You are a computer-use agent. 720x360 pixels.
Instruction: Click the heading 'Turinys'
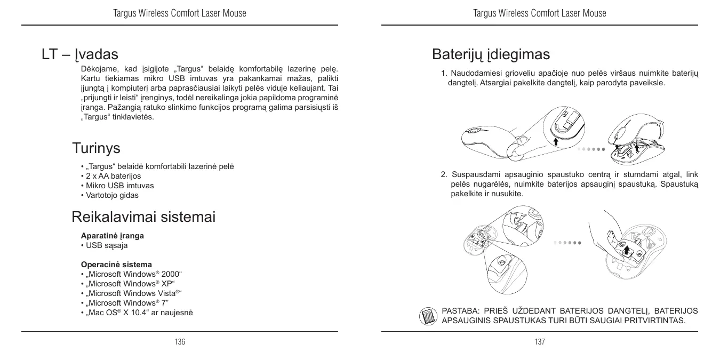pos(96,148)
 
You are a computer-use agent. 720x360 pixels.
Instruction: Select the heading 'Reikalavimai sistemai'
pos(143,217)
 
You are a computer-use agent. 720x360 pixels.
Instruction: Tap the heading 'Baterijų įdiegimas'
pos(491,54)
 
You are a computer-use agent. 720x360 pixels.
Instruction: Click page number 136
pos(180,342)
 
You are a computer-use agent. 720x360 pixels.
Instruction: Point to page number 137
pos(540,342)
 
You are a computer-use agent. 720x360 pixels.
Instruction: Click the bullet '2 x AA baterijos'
pos(110,176)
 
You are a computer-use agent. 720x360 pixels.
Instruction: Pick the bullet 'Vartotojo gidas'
pos(109,195)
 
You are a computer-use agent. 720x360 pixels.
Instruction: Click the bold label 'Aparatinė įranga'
pos(112,235)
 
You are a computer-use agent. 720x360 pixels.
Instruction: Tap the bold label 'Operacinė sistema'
pos(116,265)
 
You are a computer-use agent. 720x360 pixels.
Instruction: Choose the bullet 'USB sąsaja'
pos(104,245)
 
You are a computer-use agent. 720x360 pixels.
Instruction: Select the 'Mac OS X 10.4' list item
pos(137,313)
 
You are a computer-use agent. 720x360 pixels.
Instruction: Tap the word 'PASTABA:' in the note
pos(461,311)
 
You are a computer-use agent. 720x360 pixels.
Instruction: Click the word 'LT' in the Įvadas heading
pos(50,54)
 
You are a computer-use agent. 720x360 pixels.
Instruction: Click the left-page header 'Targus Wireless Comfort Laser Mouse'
pos(180,13)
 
